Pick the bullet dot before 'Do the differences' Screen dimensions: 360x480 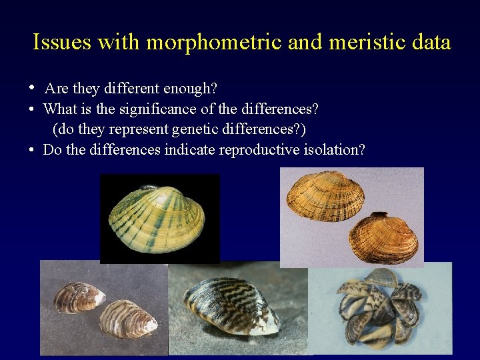(32, 149)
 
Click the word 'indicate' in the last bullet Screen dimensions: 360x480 (186, 149)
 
